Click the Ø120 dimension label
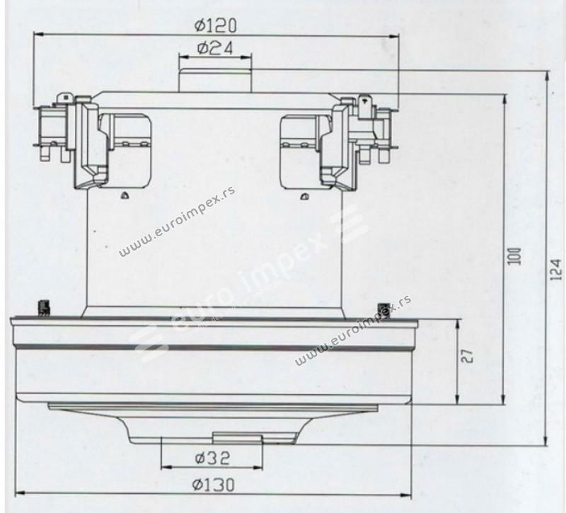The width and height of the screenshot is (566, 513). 216,25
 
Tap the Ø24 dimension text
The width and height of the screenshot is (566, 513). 215,47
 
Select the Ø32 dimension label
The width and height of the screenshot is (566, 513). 212,458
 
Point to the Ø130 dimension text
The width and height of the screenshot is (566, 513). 214,485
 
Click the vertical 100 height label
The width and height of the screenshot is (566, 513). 514,255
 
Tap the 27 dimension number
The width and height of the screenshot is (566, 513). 467,356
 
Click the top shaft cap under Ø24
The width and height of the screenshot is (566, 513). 215,79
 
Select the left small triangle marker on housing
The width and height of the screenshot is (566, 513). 125,195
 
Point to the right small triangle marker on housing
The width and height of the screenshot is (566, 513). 304,197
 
